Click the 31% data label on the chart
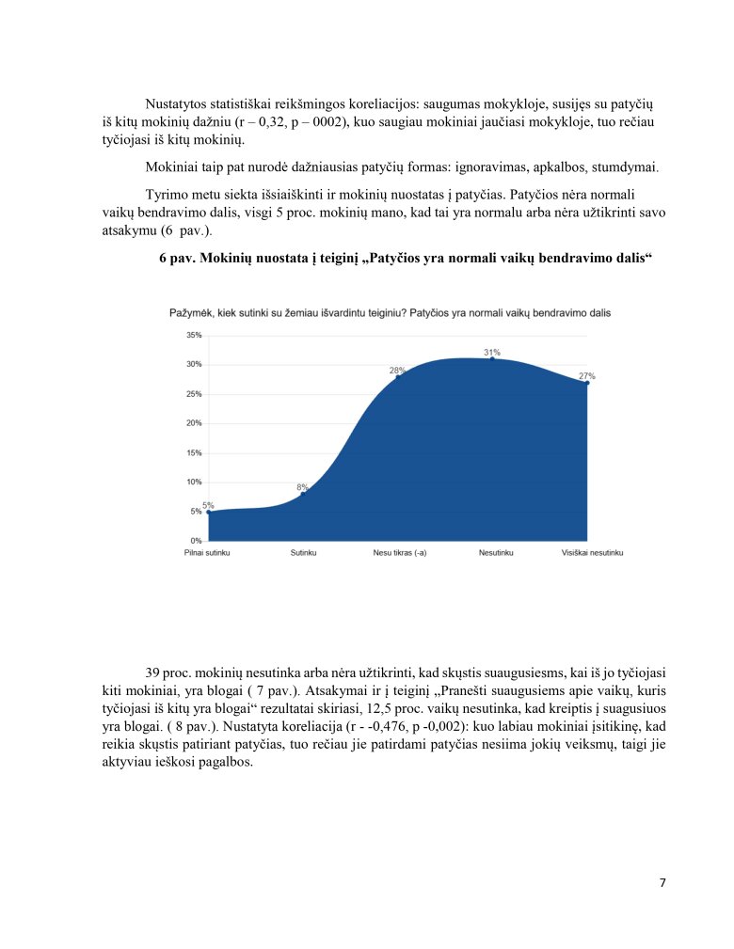(x=492, y=353)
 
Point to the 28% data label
(x=397, y=371)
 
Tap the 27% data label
(x=586, y=375)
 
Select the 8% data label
(x=303, y=486)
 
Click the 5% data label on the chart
(x=208, y=505)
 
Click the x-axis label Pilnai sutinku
(x=207, y=553)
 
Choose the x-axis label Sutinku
(x=303, y=553)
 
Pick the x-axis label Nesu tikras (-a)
(x=400, y=553)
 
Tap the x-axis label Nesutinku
(x=491, y=553)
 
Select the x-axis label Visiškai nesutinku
(x=592, y=553)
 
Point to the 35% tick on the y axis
(x=194, y=335)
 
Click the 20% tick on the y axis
(x=194, y=423)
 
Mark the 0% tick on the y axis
(x=196, y=541)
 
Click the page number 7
(x=662, y=882)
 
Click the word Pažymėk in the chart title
(x=189, y=312)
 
